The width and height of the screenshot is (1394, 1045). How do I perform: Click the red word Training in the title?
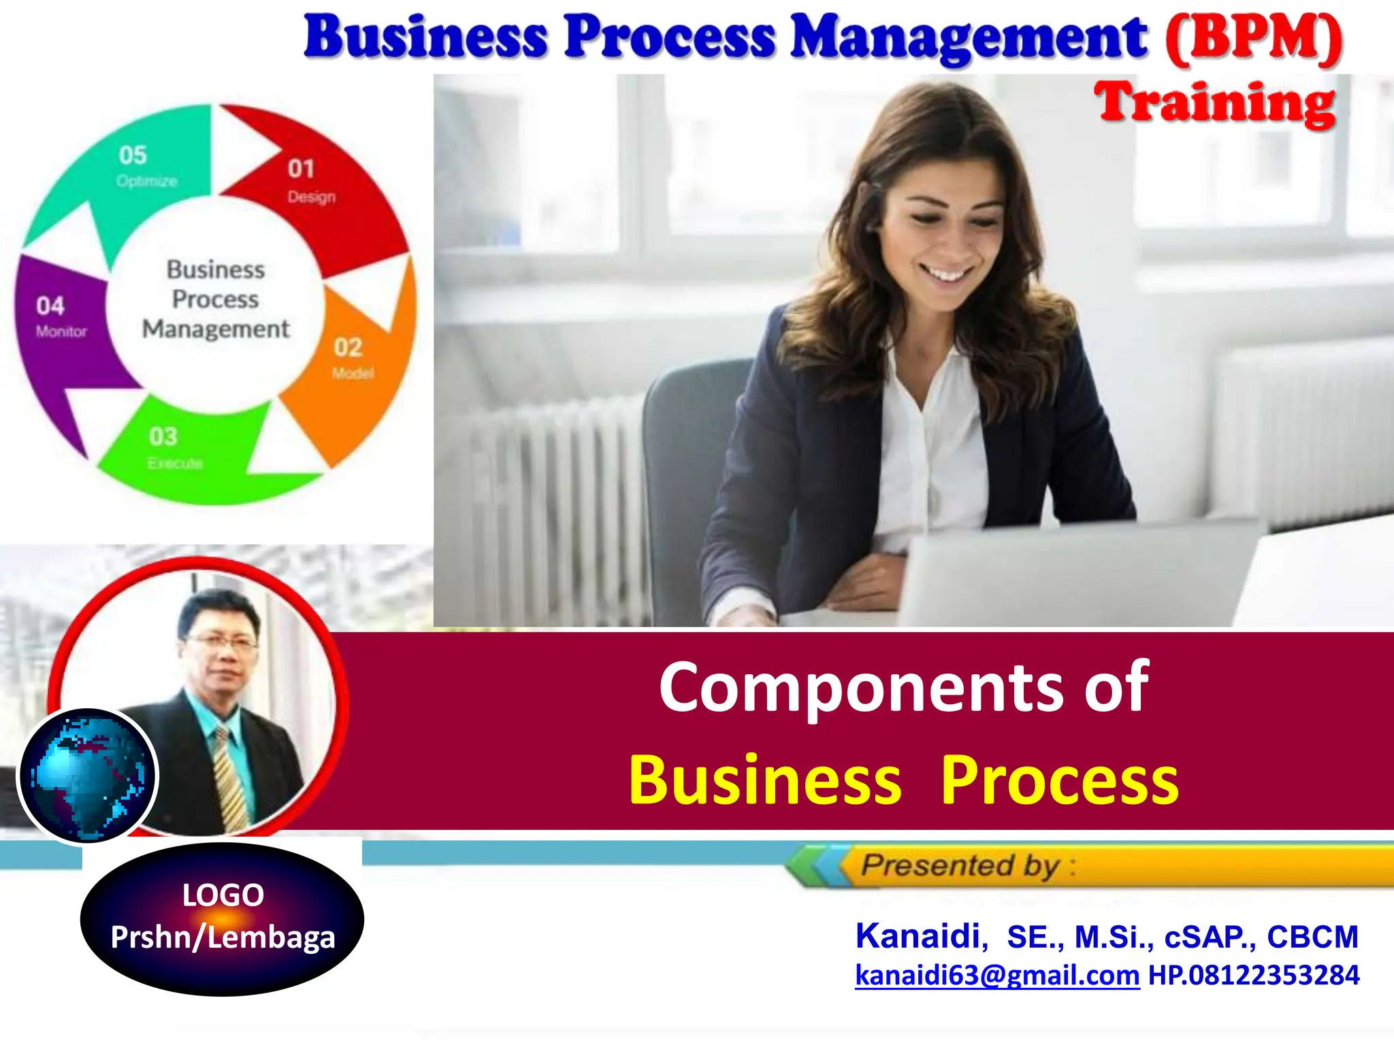[x=1215, y=103]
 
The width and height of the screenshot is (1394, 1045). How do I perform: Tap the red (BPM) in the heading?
[x=1253, y=39]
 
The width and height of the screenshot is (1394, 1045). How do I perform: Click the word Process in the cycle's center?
[x=215, y=299]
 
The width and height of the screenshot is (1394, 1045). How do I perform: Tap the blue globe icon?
[x=87, y=776]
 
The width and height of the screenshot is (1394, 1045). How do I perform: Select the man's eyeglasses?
[x=222, y=640]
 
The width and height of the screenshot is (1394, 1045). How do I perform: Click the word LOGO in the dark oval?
[x=223, y=895]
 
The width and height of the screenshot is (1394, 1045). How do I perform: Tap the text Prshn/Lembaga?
[x=223, y=938]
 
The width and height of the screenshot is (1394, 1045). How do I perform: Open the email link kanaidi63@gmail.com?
[x=996, y=975]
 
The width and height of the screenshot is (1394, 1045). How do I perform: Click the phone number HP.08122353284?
[x=1254, y=975]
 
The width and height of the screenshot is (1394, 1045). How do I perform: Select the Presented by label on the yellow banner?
[x=960, y=865]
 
